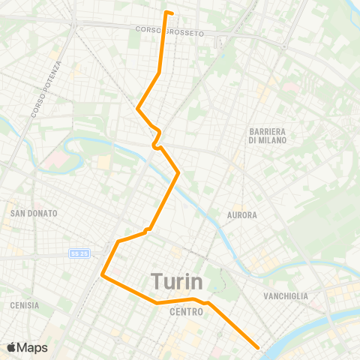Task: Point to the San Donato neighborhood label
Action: (x=34, y=213)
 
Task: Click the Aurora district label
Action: (x=241, y=215)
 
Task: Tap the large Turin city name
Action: (x=178, y=281)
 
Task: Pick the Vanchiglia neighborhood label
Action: (x=286, y=296)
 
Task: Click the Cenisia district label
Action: (x=25, y=305)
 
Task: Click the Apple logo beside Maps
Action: (x=11, y=347)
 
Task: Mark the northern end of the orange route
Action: (x=166, y=11)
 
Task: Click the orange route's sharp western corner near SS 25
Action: (x=102, y=276)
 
